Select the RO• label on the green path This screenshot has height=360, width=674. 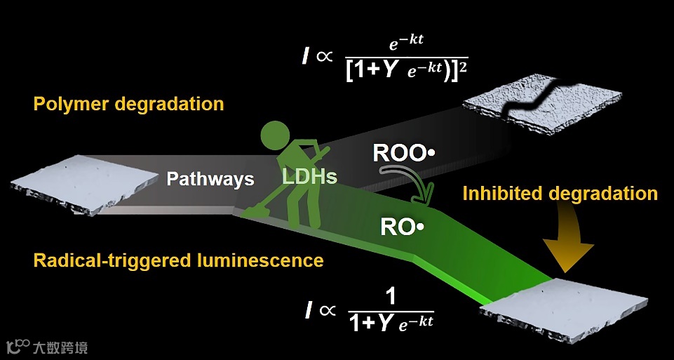pyautogui.click(x=403, y=227)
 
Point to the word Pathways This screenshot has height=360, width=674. pyautogui.click(x=210, y=179)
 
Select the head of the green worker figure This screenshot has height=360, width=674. pyautogui.click(x=276, y=133)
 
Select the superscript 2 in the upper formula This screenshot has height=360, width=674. pyautogui.click(x=462, y=66)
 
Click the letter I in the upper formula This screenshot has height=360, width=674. pyautogui.click(x=305, y=57)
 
